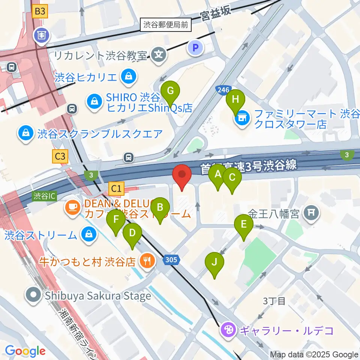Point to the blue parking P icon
pyautogui.click(x=195, y=48)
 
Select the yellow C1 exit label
pyautogui.click(x=117, y=189)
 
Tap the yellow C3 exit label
pyautogui.click(x=60, y=156)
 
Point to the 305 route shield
pyautogui.click(x=171, y=259)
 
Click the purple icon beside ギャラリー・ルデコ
pyautogui.click(x=228, y=330)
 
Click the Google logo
pyautogui.click(x=25, y=351)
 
